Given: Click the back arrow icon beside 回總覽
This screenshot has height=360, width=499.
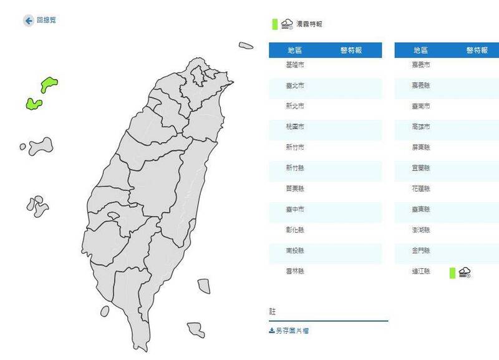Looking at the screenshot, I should coord(28,21).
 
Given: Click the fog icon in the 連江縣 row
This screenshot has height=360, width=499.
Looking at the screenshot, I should coord(464,271).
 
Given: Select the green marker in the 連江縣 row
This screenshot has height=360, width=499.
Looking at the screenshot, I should coord(452,272).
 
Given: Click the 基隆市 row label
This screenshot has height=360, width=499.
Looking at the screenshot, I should coord(295,65).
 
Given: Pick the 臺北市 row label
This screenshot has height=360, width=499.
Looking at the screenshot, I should coord(295,85).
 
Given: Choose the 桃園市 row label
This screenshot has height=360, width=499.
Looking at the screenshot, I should coord(295,127).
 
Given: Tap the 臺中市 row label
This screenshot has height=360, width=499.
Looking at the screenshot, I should coord(295,210).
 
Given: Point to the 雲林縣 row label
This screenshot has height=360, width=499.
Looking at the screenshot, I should coord(295,271).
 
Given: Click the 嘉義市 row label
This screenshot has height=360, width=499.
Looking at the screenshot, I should coord(421,65).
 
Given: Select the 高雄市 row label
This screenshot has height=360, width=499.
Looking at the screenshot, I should coord(421,127).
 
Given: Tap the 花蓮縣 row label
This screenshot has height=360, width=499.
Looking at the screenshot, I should coord(421,188).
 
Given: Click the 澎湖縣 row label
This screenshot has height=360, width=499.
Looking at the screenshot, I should coord(421,230).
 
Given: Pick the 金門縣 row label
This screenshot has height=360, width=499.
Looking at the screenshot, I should coord(421,251).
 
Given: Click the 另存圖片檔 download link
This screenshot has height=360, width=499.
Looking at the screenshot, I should coord(289,331).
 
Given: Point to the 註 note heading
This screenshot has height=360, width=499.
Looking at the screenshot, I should coord(273,311).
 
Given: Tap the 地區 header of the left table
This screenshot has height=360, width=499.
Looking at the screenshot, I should coord(295,51).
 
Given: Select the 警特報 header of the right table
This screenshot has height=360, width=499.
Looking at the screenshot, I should coord(477,51).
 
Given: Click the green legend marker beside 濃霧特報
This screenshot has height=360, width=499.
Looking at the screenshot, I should coord(274,24).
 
